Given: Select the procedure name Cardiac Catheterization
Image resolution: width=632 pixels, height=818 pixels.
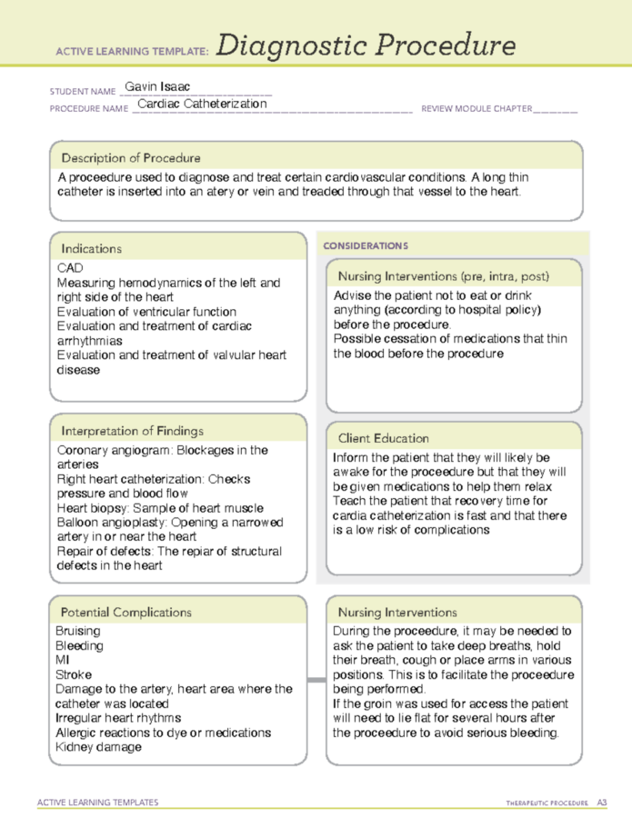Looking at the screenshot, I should [202, 104].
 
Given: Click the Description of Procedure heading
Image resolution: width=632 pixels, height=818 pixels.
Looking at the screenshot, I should [131, 157].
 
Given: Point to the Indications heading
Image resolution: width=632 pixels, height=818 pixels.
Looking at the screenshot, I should [91, 248].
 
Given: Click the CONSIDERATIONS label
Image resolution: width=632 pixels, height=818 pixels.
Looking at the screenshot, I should [366, 245].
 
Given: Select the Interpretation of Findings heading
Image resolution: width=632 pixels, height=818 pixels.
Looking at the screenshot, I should [132, 431].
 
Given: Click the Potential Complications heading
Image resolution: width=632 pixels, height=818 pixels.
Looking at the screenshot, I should [126, 612].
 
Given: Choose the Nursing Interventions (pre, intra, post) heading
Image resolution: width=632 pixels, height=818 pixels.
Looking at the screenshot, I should [443, 275].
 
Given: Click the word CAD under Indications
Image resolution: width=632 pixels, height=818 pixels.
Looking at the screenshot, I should [70, 268].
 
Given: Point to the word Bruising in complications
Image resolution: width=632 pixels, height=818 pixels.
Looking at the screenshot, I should [78, 631].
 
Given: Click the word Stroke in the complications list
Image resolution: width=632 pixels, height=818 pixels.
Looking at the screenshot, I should [74, 674].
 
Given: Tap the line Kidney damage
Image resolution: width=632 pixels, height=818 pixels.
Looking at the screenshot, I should [98, 747].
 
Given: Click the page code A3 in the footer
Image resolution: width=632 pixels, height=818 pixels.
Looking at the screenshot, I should [601, 803].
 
